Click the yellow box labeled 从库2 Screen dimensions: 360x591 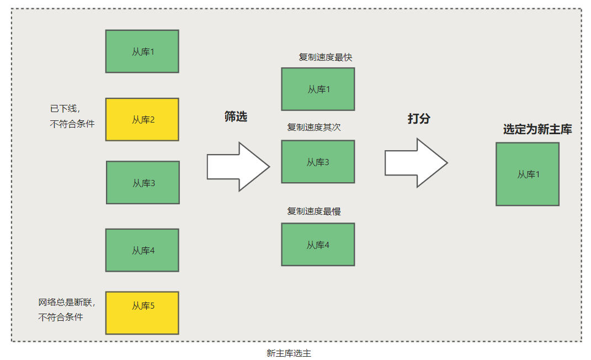point(142,119)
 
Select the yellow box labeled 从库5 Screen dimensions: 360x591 point(142,313)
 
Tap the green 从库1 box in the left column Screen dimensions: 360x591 point(142,51)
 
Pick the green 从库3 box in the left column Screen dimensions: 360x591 point(143,182)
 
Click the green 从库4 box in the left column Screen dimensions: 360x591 point(142,250)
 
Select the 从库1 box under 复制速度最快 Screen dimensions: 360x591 point(318,89)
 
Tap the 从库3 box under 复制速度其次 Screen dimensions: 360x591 point(318,161)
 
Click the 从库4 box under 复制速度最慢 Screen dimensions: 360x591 point(318,244)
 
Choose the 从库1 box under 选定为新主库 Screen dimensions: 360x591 point(528,174)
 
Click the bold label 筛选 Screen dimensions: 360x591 point(236,117)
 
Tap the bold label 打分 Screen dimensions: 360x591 point(419,118)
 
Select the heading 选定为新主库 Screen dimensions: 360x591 point(537,130)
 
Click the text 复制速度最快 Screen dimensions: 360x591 point(325,57)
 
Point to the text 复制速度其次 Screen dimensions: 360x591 point(313,127)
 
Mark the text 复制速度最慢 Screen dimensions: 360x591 point(313,211)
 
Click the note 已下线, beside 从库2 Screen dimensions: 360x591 point(65,109)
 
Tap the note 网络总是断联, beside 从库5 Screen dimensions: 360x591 point(67,302)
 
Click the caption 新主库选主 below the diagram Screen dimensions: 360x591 point(289,353)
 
